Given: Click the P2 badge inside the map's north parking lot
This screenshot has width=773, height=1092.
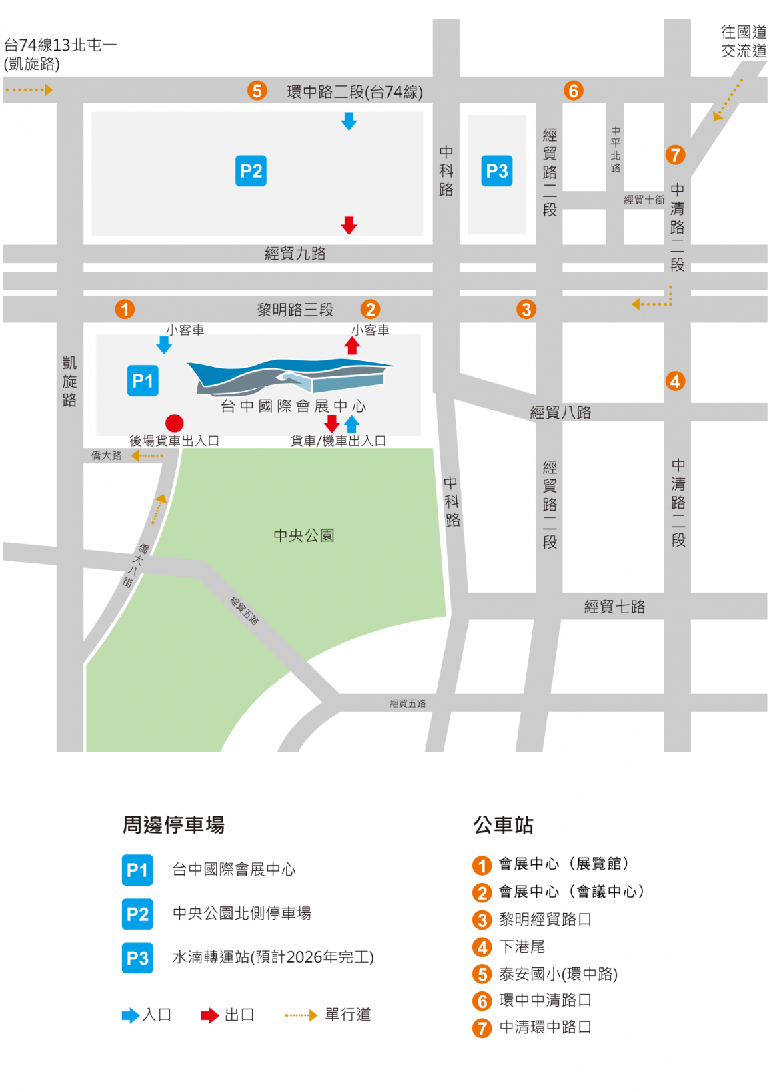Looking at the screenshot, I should (x=251, y=171).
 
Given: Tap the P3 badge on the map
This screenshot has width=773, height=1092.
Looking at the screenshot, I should (x=497, y=171).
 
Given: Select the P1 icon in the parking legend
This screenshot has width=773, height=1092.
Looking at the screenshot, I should (x=137, y=870).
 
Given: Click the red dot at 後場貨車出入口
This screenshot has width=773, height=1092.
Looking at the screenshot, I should (x=174, y=423).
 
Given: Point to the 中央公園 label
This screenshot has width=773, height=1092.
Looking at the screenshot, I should (x=304, y=535).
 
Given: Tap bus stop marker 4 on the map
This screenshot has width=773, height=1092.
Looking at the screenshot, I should (x=675, y=381).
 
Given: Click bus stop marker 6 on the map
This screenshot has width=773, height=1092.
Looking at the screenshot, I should (x=573, y=91).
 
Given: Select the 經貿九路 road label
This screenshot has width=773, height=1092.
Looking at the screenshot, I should (x=295, y=254).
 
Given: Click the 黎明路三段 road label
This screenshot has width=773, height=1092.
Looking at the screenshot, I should (x=295, y=310).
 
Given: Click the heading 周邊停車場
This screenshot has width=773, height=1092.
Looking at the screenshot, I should (x=173, y=825).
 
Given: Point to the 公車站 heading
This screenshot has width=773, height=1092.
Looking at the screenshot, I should (x=503, y=825).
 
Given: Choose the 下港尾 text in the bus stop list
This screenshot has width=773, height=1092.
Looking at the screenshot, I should (x=522, y=946).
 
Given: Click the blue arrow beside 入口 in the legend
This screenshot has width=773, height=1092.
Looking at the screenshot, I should (x=130, y=1015).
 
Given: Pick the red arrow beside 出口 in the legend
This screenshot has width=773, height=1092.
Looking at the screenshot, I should (x=209, y=1015).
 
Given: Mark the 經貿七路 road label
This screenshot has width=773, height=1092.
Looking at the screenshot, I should (x=614, y=607).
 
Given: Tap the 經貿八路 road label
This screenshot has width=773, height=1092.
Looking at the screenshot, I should (x=560, y=412).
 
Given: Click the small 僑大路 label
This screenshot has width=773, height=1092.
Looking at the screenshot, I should (x=106, y=456).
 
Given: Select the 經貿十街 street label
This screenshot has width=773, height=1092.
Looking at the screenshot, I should (x=644, y=200).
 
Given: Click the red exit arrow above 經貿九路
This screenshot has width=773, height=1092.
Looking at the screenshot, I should (x=349, y=225).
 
